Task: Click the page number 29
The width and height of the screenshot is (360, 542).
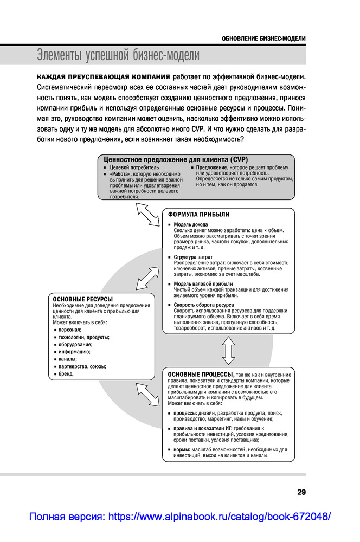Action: click(301, 492)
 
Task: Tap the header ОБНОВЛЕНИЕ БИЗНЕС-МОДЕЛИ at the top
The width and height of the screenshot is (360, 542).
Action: click(264, 38)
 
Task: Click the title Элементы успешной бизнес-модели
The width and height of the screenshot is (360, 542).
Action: click(118, 55)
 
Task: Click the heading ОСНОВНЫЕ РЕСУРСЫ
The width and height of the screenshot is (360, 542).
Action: click(82, 299)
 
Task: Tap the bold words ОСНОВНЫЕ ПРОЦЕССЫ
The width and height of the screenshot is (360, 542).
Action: click(201, 374)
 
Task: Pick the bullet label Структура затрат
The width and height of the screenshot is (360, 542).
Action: click(193, 257)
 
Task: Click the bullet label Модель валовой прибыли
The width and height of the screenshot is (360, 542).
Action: click(203, 284)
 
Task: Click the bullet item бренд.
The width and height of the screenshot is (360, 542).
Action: click(66, 373)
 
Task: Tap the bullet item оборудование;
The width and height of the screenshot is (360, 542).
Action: click(75, 344)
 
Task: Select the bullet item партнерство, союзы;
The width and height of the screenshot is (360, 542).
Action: click(82, 366)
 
